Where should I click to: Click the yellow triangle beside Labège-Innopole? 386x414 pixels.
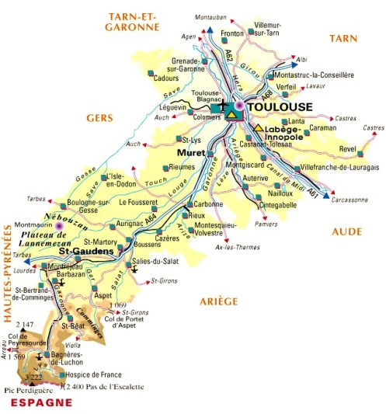click(257, 127)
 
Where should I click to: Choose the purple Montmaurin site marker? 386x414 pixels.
click(61, 226)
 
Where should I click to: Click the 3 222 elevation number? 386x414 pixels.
click(33, 377)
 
